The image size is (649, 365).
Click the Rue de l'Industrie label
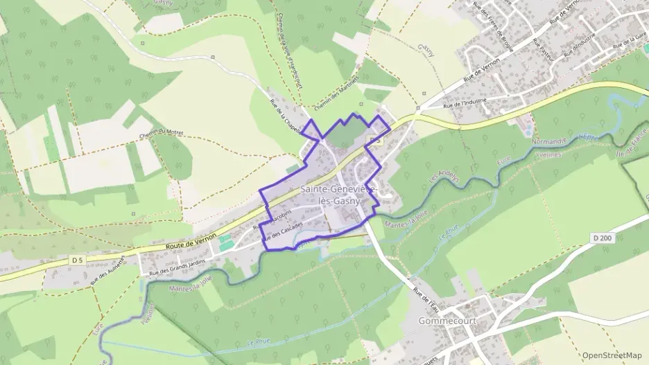point(467,105)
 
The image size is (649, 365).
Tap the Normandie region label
point(550,141)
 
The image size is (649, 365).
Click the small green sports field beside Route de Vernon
point(226,243)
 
